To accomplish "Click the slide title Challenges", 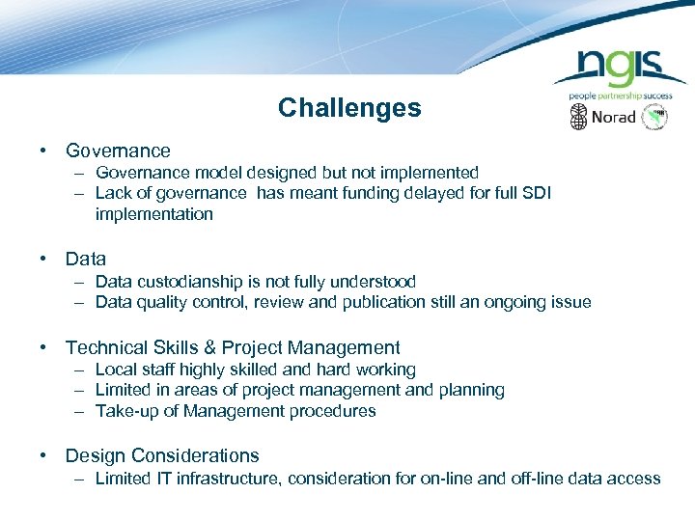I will [349, 108].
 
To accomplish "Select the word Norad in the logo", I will [613, 118].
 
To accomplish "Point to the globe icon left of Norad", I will [578, 118].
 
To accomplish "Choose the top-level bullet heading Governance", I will [118, 151].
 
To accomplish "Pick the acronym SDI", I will [534, 193].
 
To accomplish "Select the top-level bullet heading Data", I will [86, 259].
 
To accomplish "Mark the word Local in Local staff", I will [116, 370].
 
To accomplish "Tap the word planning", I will [471, 390].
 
